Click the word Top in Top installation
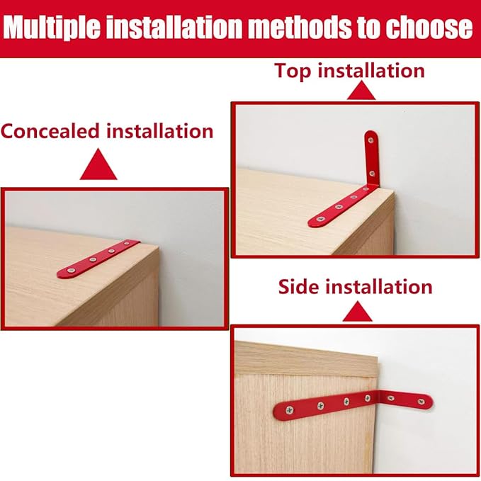pyautogui.click(x=292, y=71)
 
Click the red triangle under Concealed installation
pyautogui.click(x=98, y=167)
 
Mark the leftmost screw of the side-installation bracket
pyautogui.click(x=284, y=409)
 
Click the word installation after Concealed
pyautogui.click(x=159, y=131)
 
